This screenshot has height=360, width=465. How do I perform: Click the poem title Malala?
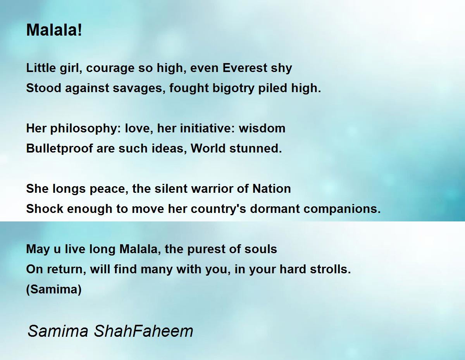54,30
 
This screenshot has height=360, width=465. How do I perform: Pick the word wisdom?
262,129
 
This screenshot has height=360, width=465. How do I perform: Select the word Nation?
272,189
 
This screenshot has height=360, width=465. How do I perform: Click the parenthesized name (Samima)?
54,290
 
